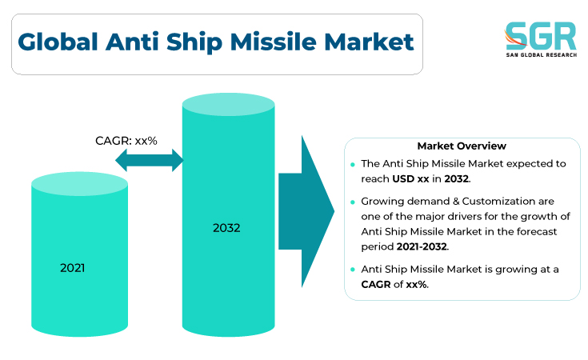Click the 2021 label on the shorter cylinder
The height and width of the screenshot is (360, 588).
[72, 268]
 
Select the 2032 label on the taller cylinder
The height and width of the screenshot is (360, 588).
[226, 228]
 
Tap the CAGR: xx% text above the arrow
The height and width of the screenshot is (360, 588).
[126, 141]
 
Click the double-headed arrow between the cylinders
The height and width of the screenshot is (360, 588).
[150, 160]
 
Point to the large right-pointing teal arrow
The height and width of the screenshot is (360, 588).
[306, 211]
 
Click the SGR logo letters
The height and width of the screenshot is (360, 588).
[541, 36]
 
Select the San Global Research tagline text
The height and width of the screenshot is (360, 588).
[541, 54]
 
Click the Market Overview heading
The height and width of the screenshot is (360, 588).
[462, 146]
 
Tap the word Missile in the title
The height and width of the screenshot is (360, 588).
[274, 42]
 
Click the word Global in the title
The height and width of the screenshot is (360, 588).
[58, 42]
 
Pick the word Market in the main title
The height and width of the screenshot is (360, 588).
[369, 42]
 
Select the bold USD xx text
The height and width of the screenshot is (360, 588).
[410, 179]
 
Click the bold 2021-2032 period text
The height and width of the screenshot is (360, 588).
[422, 246]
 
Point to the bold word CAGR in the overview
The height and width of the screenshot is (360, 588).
[376, 284]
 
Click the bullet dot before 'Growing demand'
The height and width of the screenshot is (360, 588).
[353, 202]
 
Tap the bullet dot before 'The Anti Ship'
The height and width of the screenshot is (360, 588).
[353, 164]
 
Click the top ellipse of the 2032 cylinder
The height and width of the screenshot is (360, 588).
[228, 104]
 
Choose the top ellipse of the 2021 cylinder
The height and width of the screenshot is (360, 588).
[79, 184]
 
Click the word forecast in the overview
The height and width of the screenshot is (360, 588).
[537, 231]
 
